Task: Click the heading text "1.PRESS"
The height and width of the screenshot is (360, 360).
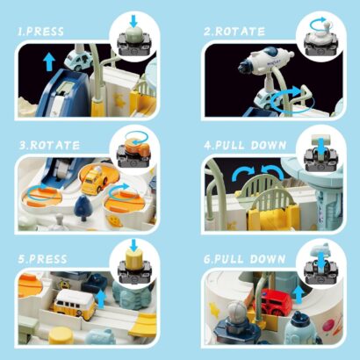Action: click(x=40, y=32)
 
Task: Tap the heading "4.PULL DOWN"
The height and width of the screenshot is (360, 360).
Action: click(x=245, y=146)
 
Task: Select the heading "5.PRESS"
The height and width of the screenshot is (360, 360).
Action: click(x=42, y=259)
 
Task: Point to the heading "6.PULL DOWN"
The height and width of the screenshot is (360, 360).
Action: click(x=244, y=259)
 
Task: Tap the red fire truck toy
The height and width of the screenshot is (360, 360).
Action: click(x=276, y=301)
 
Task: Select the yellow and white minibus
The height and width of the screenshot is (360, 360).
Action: click(x=76, y=305)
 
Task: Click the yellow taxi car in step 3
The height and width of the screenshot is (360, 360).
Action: click(x=94, y=179)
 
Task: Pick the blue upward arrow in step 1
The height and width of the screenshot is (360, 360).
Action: click(x=49, y=61)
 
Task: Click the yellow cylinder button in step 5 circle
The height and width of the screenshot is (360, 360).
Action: click(x=134, y=257)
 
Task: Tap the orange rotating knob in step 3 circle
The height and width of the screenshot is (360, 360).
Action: click(x=137, y=144)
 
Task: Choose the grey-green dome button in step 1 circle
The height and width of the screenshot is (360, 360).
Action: click(x=133, y=32)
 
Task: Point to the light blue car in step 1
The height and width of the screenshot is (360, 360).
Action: click(x=78, y=60)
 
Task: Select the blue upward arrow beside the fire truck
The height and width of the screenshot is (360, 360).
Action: click(x=299, y=294)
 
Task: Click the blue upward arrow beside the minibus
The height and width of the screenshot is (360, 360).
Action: click(x=101, y=299)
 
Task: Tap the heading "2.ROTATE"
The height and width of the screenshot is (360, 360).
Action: click(x=234, y=32)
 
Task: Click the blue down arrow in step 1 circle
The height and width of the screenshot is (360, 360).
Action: click(x=133, y=21)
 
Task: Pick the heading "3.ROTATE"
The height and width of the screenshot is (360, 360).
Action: click(x=49, y=146)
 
